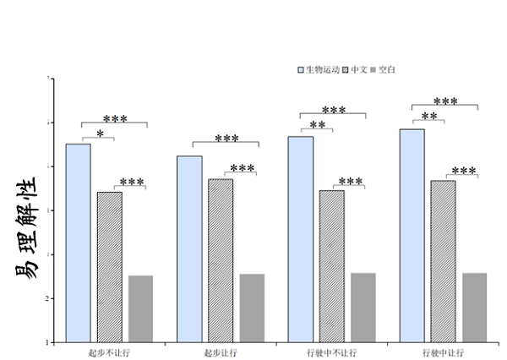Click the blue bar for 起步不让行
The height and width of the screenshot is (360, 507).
[78, 243]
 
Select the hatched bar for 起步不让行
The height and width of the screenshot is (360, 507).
[110, 267]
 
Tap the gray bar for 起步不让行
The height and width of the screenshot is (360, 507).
[141, 308]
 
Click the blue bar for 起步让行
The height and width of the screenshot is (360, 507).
[189, 249]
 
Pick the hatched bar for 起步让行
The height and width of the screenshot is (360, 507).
[221, 260]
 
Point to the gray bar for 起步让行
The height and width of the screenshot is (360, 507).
[252, 308]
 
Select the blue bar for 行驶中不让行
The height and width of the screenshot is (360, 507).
[301, 239]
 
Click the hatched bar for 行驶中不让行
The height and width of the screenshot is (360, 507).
[332, 266]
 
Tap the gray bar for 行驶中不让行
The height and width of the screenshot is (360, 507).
[363, 308]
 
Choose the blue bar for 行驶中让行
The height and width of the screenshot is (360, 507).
[412, 236]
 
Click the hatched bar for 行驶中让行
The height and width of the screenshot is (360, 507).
[443, 261]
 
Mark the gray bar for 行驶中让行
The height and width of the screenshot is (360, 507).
[475, 308]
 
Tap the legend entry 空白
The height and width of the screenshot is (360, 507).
[387, 69]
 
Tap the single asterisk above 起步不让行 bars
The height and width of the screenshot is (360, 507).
[101, 134]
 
